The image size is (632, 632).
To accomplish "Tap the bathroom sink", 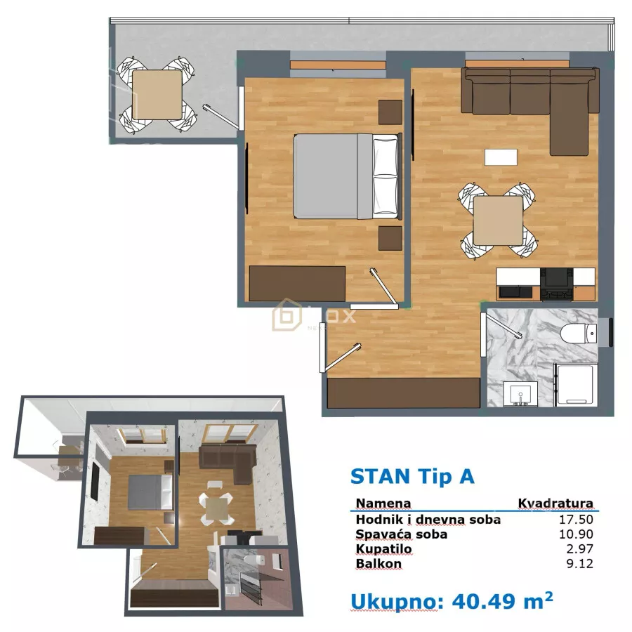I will [x=520, y=394].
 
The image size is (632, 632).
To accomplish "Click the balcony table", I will [x=157, y=95].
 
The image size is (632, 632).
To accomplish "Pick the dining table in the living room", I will [x=498, y=220].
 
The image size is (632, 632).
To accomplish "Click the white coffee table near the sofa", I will [x=501, y=157].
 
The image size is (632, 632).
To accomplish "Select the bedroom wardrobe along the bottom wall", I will [x=298, y=282].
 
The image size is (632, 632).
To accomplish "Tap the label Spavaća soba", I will [x=401, y=534].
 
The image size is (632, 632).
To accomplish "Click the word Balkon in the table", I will [x=378, y=564].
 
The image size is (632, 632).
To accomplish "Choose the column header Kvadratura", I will [x=555, y=503].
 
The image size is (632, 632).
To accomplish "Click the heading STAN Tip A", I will [x=412, y=476].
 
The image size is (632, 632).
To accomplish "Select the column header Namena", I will [x=383, y=503].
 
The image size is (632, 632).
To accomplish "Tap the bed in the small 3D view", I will [x=150, y=491].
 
